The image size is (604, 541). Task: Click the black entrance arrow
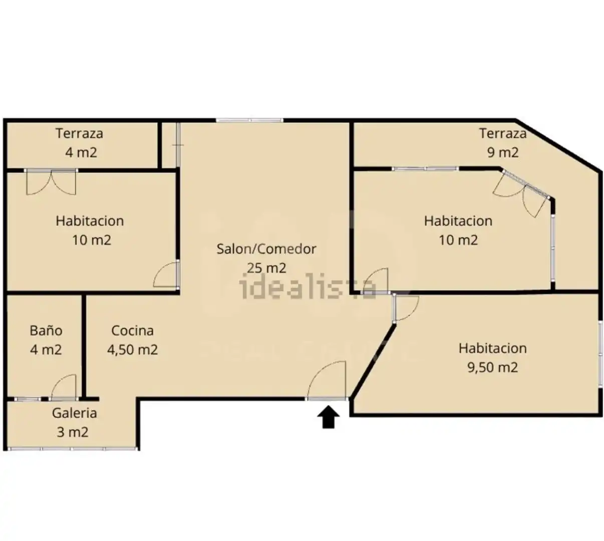point(328,417)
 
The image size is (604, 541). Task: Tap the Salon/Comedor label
point(266,249)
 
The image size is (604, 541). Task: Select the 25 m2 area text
point(266,268)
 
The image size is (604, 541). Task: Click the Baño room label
point(46,330)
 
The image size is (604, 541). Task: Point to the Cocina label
point(132,330)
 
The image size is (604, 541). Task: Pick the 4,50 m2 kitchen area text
point(132,349)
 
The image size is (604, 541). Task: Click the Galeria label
point(74,413)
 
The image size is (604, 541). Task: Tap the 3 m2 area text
point(73,432)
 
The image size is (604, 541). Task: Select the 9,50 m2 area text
point(492,367)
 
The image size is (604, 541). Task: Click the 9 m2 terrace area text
point(503,152)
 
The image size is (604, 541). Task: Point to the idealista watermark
point(308,288)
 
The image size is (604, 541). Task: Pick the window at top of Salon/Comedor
point(249,120)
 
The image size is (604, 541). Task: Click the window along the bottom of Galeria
point(73,449)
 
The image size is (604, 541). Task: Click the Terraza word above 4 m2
point(79,133)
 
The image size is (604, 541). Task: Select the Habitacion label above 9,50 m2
point(492,348)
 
